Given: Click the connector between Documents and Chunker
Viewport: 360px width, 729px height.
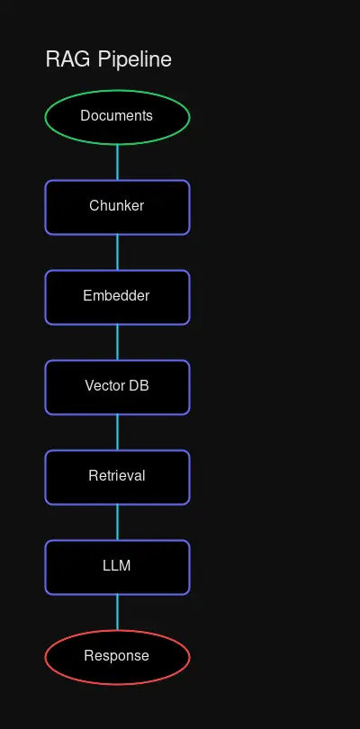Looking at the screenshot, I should tap(117, 162).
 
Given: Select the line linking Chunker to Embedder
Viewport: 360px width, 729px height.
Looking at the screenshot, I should tap(117, 252).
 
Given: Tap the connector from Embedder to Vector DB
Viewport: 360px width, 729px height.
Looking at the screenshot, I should tap(117, 342).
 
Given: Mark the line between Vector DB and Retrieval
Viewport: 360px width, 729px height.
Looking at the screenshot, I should tap(117, 432).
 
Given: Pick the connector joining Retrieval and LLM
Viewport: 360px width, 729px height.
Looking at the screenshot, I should tap(117, 522).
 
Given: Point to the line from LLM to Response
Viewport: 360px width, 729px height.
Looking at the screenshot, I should tap(117, 612).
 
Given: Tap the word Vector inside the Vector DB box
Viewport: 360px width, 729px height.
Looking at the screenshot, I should tap(104, 386).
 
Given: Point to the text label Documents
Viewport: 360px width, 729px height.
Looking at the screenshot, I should tap(117, 115).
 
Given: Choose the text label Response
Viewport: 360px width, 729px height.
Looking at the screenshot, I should tap(117, 656).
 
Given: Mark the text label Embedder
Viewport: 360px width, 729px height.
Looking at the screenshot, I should tap(117, 296).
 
